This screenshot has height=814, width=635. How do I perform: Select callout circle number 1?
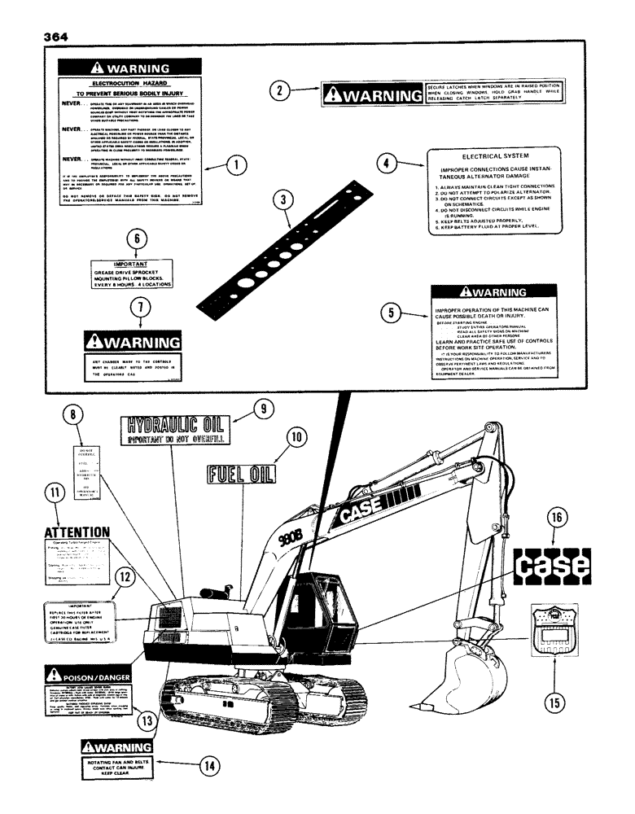[236, 167]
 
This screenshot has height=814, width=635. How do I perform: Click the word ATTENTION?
[75, 532]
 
